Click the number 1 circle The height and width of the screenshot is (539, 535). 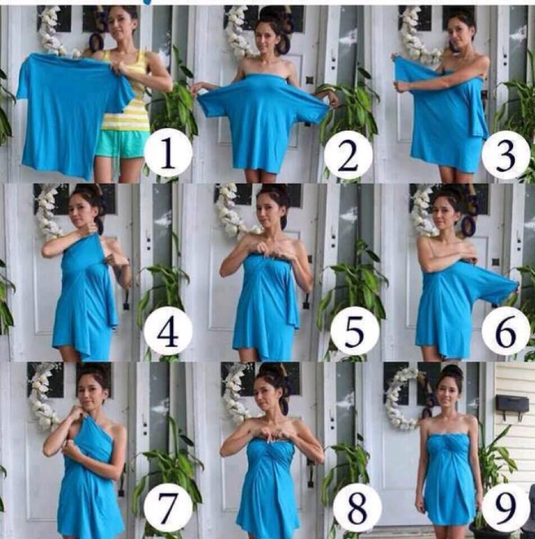pyautogui.click(x=168, y=152)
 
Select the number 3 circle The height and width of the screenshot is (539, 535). pyautogui.click(x=505, y=156)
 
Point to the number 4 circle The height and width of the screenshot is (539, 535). pyautogui.click(x=168, y=333)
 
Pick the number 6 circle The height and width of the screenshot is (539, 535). pyautogui.click(x=505, y=331)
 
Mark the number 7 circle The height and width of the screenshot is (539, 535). pyautogui.click(x=168, y=508)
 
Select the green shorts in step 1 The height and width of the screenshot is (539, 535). pyautogui.click(x=122, y=143)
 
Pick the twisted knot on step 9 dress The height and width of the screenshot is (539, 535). pyautogui.click(x=448, y=443)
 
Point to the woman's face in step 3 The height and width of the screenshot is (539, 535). pyautogui.click(x=458, y=33)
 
